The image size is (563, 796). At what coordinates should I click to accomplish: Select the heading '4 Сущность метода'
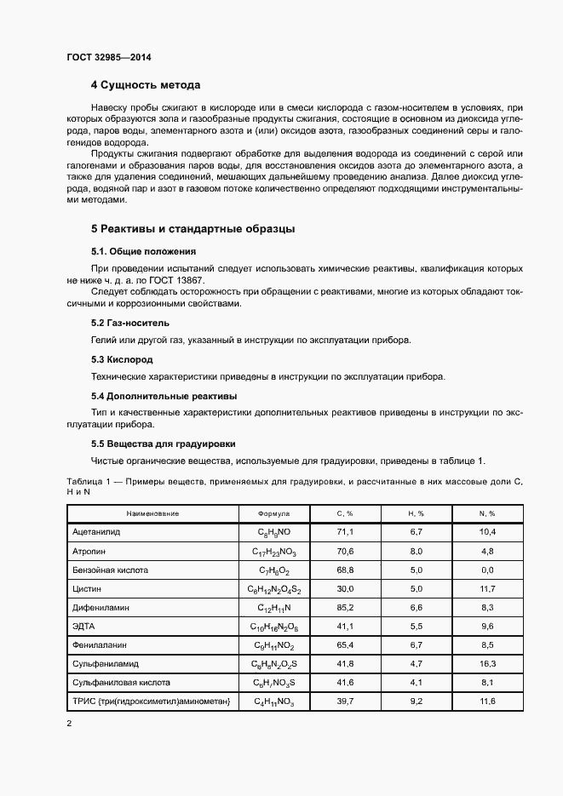[x=146, y=86]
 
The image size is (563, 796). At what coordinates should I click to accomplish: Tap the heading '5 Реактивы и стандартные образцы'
[x=192, y=229]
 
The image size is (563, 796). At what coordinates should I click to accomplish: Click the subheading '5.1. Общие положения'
[x=143, y=252]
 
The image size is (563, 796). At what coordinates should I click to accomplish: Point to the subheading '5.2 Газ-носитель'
[x=130, y=324]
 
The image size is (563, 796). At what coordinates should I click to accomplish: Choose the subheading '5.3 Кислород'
[x=122, y=360]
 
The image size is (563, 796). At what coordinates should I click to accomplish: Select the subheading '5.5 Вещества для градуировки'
[x=163, y=444]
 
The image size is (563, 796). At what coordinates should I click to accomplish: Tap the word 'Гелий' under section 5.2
[x=103, y=341]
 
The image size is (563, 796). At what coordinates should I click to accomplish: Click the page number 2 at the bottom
[x=69, y=723]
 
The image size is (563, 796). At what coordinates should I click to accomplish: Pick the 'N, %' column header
[x=486, y=514]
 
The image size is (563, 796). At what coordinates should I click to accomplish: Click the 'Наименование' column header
[x=152, y=514]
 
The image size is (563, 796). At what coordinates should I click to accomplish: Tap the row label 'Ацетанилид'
[x=97, y=531]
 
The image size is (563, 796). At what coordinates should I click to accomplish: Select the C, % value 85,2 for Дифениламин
[x=346, y=608]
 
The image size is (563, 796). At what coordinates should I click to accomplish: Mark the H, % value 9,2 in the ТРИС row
[x=417, y=701]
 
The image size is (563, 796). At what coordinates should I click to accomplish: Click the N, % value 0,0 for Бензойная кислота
[x=486, y=570]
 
